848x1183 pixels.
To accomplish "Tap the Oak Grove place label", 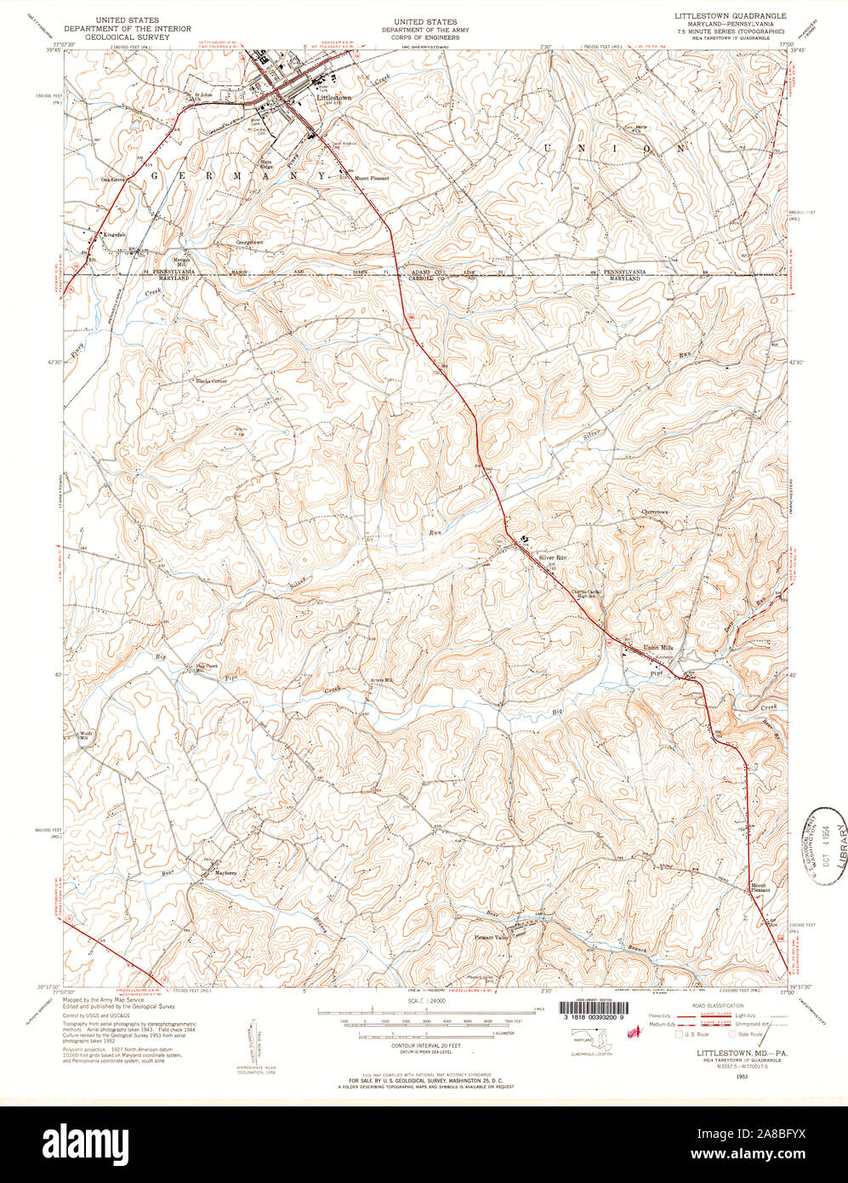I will coord(113,180).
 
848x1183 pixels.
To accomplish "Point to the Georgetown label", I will coord(249,242).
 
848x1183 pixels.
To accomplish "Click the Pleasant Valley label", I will coord(490,937).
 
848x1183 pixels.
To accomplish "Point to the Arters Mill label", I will coord(382,679).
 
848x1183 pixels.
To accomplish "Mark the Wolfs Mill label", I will coord(84,734).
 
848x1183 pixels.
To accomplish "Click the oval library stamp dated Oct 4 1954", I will coord(826,845).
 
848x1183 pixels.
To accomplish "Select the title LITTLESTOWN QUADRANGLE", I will coord(730,16).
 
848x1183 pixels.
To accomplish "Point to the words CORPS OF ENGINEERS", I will coord(424,37).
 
